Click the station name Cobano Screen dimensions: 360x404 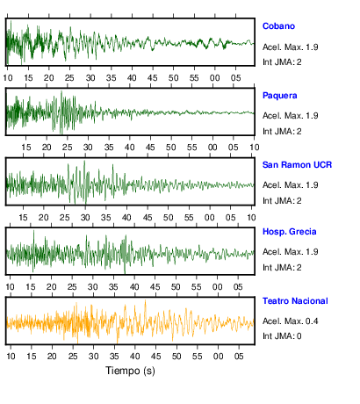pyautogui.click(x=278, y=26)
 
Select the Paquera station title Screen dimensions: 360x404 pyautogui.click(x=280, y=96)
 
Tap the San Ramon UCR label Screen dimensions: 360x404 pyautogui.click(x=297, y=165)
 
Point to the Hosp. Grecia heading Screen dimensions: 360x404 pyautogui.click(x=290, y=232)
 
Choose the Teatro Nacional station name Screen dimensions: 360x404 pyautogui.click(x=295, y=301)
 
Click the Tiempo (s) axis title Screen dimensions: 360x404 pyautogui.click(x=130, y=371)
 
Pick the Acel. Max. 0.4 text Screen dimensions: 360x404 pyautogui.click(x=291, y=321)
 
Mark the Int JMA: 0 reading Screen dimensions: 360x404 pyautogui.click(x=282, y=335)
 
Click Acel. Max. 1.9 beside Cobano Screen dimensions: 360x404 pyautogui.click(x=291, y=47)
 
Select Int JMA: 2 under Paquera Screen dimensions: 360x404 pyautogui.click(x=282, y=132)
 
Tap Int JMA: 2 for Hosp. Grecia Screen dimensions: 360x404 pyautogui.click(x=282, y=267)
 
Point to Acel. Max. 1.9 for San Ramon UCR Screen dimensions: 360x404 pyautogui.click(x=291, y=185)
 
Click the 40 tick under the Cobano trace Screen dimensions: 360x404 pyautogui.click(x=132, y=78)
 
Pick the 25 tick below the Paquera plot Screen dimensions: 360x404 pyautogui.click(x=67, y=148)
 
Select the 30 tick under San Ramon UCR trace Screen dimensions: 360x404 pyautogui.click(x=85, y=218)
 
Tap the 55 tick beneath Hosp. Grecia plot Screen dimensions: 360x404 pyautogui.click(x=197, y=286)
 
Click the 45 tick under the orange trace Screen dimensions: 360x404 pyautogui.click(x=155, y=356)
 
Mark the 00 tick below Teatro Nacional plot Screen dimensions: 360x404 pyautogui.click(x=218, y=356)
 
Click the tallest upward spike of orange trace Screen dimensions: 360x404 pyautogui.click(x=145, y=300)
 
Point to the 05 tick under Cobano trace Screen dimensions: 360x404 pyautogui.click(x=235, y=78)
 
